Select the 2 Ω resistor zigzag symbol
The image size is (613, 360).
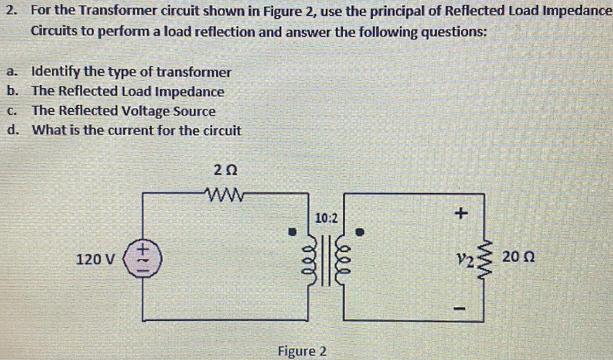point(226,194)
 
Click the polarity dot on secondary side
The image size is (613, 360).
point(360,231)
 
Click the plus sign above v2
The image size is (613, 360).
point(461,213)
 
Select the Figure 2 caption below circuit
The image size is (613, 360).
point(302,350)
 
